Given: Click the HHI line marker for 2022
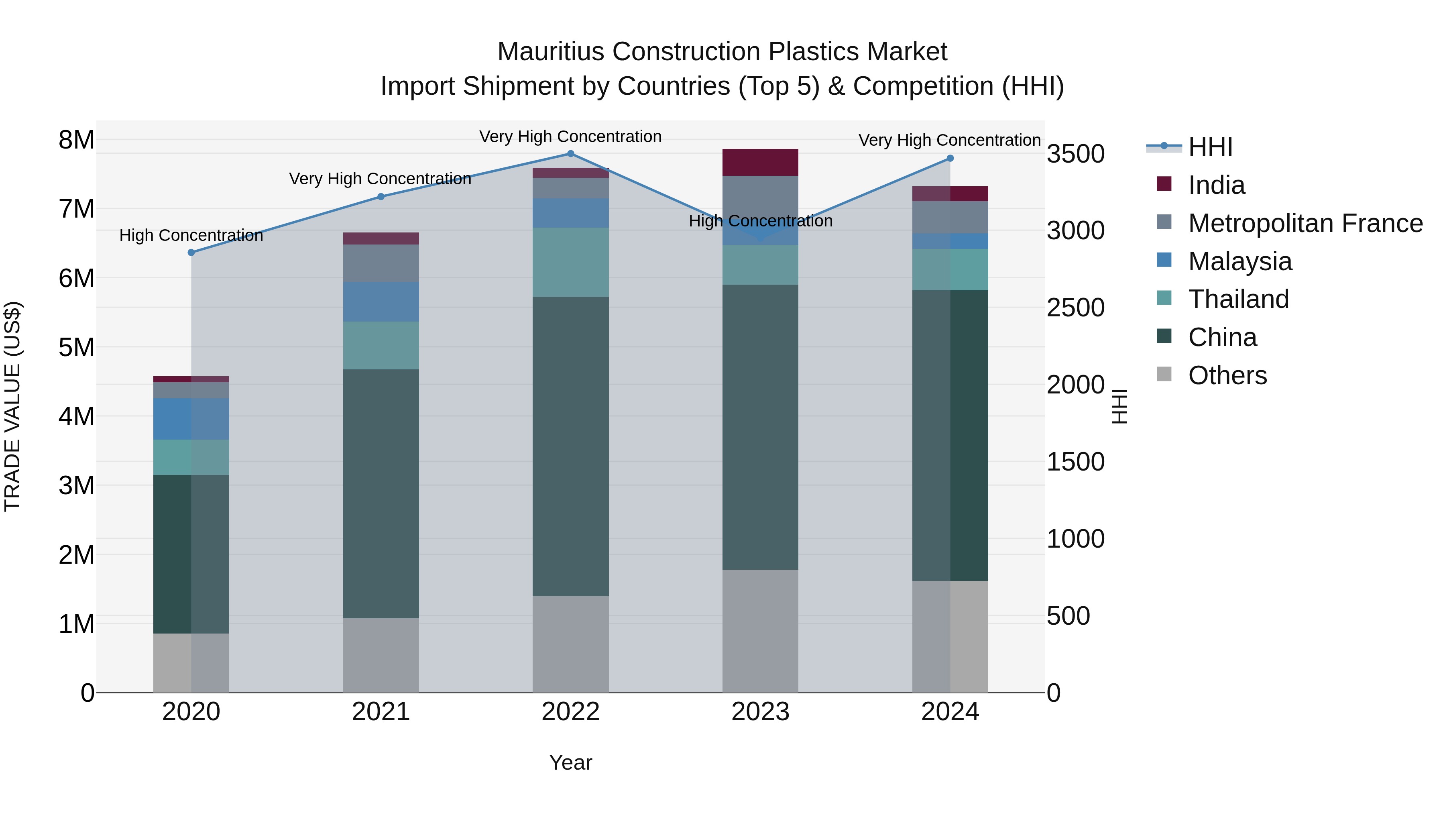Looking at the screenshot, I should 570,154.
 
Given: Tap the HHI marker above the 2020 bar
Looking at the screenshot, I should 191,253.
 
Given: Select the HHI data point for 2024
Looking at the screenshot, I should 950,158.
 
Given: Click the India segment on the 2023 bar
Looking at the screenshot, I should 760,162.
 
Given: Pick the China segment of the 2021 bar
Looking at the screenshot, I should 381,494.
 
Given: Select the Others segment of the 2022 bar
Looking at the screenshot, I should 570,644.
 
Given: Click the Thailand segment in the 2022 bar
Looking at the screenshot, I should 570,262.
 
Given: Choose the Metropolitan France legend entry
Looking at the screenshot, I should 1305,223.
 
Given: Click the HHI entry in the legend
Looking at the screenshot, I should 1210,147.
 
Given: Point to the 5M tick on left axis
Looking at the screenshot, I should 76,347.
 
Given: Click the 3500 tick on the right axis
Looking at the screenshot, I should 1075,154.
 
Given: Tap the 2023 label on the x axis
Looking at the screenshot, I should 760,712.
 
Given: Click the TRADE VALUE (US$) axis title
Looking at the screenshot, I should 12,406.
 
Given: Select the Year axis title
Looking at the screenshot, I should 570,762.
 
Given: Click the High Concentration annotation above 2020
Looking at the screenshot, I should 191,236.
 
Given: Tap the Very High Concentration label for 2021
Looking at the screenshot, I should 381,179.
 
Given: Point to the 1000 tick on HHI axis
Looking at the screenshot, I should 1075,539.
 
